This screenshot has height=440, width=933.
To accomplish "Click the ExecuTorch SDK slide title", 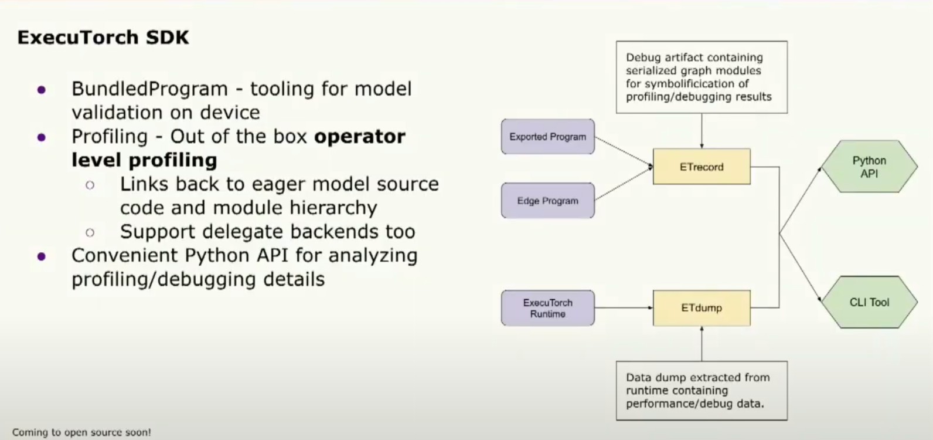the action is [103, 37].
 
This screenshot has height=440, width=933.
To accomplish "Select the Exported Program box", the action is [548, 137].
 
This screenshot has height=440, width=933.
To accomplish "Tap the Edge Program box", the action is [548, 201].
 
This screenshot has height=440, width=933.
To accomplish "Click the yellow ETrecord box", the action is [702, 167].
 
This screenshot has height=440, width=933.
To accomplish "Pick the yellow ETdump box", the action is [702, 308].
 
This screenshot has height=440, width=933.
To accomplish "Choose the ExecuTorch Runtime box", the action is [548, 308].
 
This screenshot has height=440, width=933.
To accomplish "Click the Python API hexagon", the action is [869, 167].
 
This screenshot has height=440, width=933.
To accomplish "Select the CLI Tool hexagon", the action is [869, 302].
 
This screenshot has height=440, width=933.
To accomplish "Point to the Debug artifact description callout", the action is [702, 77].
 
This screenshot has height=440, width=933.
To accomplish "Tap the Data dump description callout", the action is [702, 391].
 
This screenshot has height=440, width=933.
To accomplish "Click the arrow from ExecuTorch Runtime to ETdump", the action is [624, 308].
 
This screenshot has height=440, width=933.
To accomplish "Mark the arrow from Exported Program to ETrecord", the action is [624, 152].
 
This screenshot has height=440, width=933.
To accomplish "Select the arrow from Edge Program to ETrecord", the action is [624, 184].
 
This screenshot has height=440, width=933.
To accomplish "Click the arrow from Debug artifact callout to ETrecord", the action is [702, 131].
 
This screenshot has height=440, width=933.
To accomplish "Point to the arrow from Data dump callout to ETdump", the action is [702, 344].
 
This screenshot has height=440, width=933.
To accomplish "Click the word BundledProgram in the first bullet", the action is [150, 89].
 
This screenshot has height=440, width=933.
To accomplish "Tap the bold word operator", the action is [360, 137].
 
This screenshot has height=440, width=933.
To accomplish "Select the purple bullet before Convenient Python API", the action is [41, 256].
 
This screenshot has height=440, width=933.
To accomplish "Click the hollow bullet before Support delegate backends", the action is [90, 232].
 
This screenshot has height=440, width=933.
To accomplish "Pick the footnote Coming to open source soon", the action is [81, 432].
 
